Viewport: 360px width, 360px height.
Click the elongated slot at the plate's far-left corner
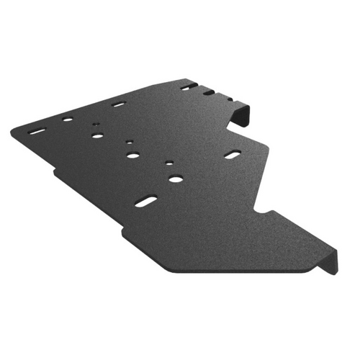click(36, 131)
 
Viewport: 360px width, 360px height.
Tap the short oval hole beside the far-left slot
click(67, 120)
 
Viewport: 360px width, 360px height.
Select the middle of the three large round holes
click(133, 155)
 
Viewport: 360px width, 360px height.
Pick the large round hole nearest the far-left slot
click(96, 135)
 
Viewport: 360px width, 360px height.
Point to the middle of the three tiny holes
click(130, 141)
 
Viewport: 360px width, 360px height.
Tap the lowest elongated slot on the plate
click(145, 202)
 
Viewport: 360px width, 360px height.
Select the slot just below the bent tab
click(233, 154)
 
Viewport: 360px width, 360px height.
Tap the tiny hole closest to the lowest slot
click(169, 163)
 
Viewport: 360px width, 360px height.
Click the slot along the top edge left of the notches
click(119, 104)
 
